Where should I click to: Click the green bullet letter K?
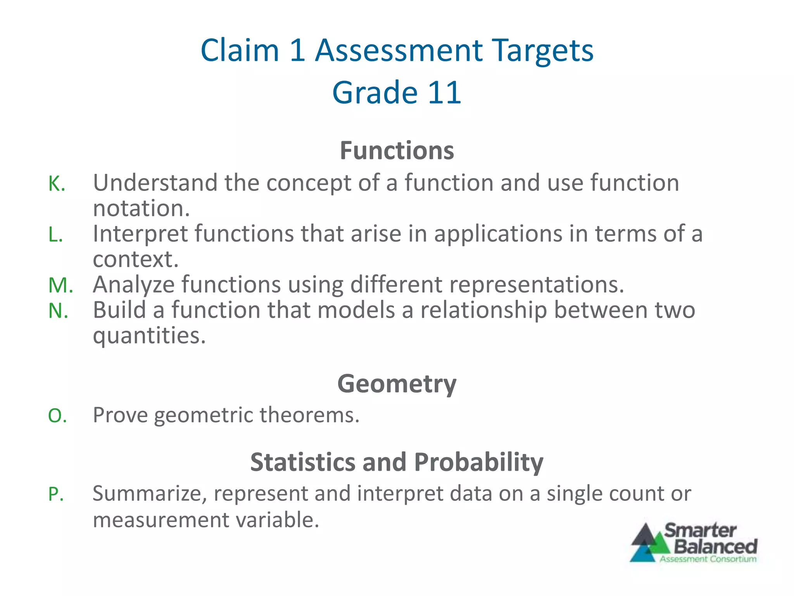pos(57,184)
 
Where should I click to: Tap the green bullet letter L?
pos(55,234)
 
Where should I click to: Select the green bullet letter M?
pos(60,285)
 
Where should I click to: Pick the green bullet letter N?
pos(58,311)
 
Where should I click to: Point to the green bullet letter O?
pos(57,416)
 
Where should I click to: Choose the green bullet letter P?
pos(56,494)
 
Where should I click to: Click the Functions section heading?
pos(397,151)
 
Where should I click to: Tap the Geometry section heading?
pos(397,384)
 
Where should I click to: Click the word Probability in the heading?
pos(478,462)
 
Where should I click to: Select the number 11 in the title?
pos(444,93)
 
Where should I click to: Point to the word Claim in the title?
pos(240,50)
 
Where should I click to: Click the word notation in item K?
pos(141,208)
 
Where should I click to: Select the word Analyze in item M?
pos(134,285)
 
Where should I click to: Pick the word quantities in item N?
pos(149,336)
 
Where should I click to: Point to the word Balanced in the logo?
pos(715,546)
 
